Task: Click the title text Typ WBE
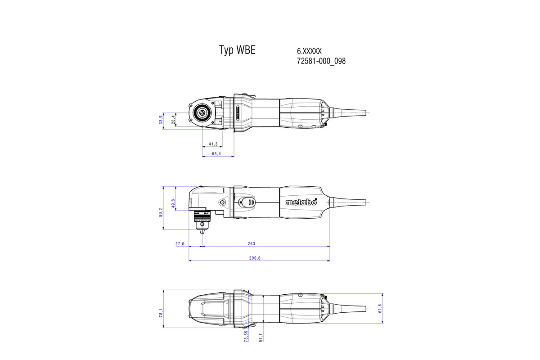[x=237, y=50]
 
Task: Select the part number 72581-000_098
[x=321, y=61]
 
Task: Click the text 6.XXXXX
[x=309, y=51]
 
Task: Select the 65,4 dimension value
[x=216, y=154]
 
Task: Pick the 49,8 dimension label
[x=173, y=203]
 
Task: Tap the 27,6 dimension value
[x=180, y=244]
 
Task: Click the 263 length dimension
[x=251, y=244]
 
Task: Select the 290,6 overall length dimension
[x=255, y=258]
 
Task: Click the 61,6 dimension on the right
[x=380, y=309]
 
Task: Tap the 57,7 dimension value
[x=261, y=337]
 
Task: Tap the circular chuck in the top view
[x=200, y=113]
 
